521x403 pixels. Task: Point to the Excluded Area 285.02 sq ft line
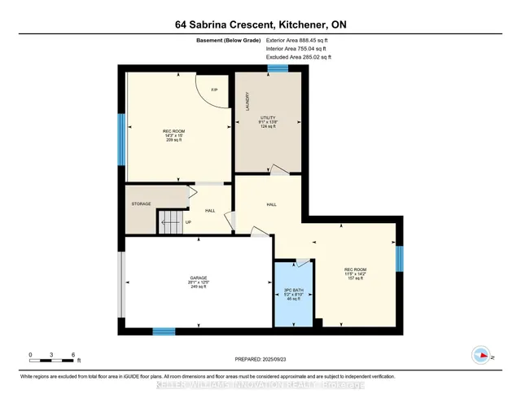299,58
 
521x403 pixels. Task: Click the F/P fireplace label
214,90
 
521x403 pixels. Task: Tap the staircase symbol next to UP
169,220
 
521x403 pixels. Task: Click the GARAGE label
199,278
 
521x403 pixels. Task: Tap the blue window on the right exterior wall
399,258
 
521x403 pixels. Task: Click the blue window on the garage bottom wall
164,331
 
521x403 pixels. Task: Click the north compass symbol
481,355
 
